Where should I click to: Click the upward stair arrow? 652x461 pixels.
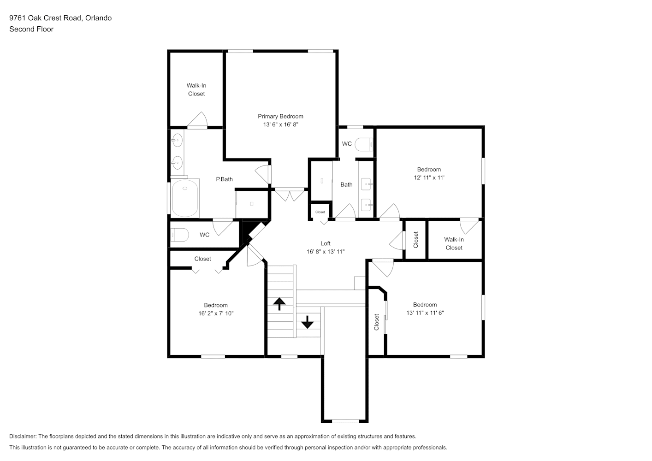point(279,304)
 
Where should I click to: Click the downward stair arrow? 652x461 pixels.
point(307,322)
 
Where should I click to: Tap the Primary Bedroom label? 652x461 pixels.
point(281,117)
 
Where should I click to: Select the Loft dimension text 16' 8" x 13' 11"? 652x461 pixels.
point(326,251)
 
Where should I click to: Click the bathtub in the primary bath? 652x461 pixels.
point(185,198)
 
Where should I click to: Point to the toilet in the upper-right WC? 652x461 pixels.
point(364,144)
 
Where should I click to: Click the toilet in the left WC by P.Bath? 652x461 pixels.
point(179,235)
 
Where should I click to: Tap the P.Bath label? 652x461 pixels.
point(225,179)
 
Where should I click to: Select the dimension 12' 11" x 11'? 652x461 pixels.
point(429,177)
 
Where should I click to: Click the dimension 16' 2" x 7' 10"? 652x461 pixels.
point(216,313)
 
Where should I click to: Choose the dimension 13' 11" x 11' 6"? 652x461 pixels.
point(425,313)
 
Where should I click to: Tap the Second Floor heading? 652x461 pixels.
point(31,29)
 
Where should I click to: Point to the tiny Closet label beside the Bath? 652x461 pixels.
point(320,212)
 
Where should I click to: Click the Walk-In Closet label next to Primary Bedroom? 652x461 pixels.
point(196,89)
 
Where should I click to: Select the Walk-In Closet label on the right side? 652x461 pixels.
point(454,243)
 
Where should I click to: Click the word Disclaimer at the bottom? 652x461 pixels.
point(23,436)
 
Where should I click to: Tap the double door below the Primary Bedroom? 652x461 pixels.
point(290,195)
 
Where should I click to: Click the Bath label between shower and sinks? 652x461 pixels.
point(346,184)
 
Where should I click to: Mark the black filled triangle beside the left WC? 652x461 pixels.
point(248,230)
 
